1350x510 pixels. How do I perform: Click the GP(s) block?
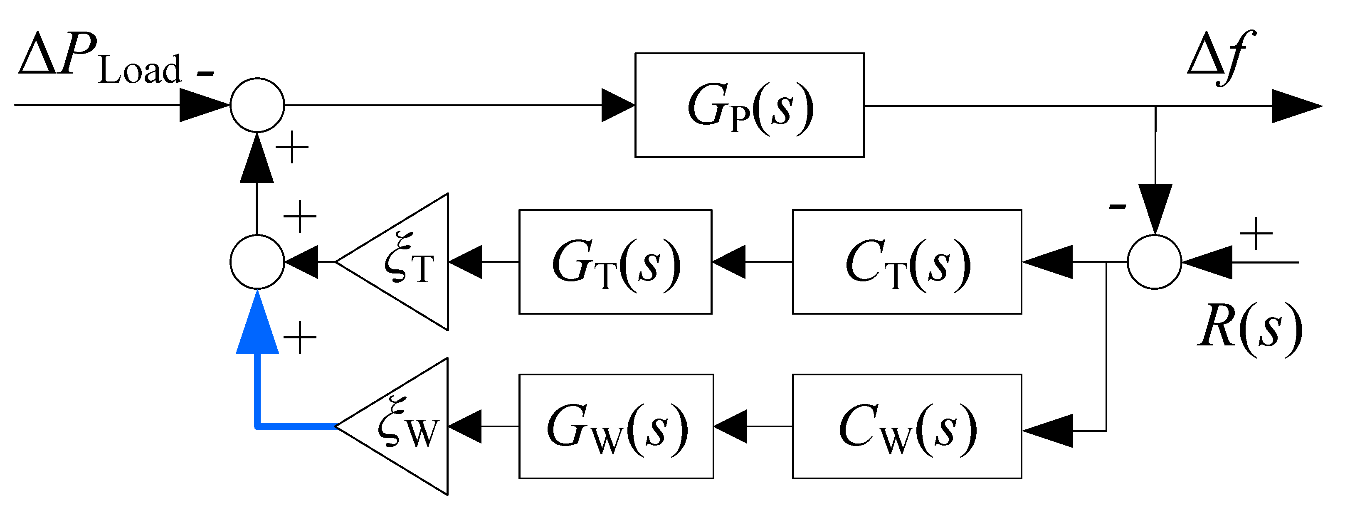click(749, 105)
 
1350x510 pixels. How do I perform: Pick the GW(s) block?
click(616, 426)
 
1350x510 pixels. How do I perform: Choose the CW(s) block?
click(907, 426)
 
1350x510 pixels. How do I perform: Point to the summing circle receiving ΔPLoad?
click(257, 105)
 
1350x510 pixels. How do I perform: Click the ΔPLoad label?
click(99, 59)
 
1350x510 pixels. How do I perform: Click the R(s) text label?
click(1250, 330)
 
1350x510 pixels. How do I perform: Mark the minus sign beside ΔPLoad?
click(205, 74)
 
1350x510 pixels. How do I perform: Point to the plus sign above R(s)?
click(1256, 233)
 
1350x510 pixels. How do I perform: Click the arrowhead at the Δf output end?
click(1294, 106)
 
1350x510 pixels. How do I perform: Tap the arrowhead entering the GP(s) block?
click(618, 105)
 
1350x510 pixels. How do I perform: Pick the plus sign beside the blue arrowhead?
click(300, 338)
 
